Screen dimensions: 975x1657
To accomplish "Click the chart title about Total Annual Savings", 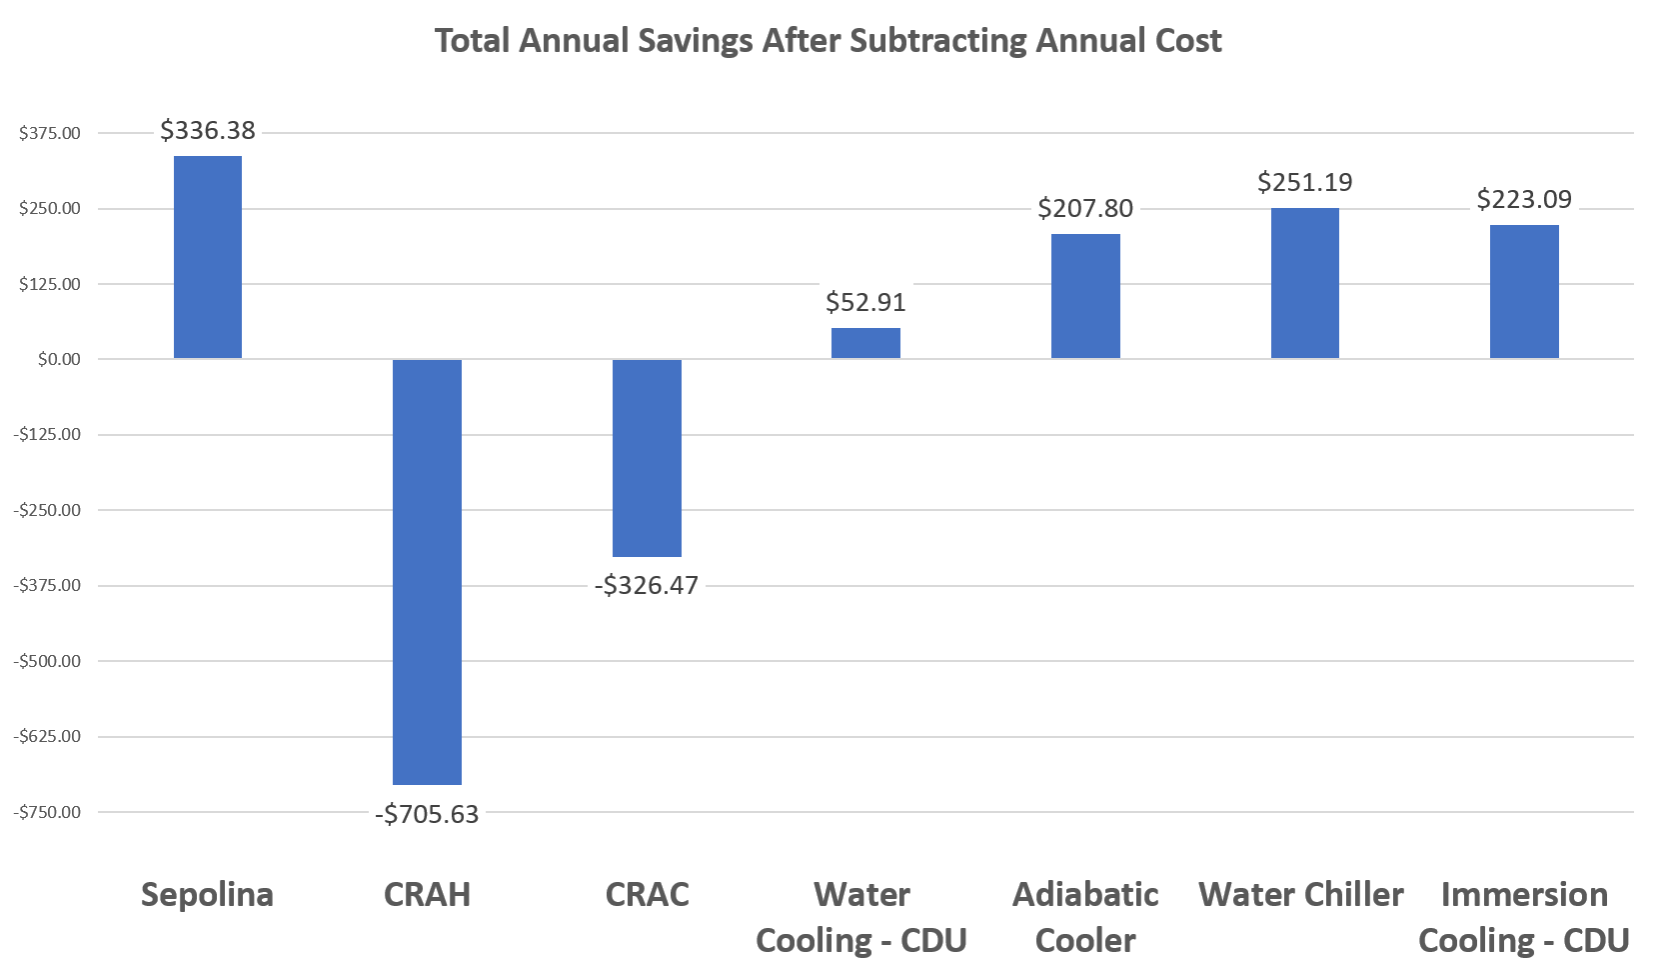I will (828, 41).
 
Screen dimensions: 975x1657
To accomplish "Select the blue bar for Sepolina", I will (208, 257).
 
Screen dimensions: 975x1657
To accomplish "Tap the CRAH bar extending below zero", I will (427, 571).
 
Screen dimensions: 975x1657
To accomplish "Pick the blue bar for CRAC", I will (647, 457).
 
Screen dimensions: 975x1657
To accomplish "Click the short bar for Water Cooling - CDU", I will (865, 343).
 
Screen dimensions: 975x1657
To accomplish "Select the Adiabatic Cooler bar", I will (1085, 296).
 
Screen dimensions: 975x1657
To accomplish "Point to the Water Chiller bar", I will (1304, 283).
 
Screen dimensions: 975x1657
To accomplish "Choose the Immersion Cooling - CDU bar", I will (1524, 291).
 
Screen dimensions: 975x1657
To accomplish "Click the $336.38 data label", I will (208, 130).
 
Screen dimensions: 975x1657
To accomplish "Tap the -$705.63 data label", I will (427, 814).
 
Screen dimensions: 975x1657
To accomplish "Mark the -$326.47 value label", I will (647, 585).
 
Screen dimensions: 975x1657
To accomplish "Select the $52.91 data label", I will (865, 302).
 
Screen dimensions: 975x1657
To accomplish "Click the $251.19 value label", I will (1304, 182).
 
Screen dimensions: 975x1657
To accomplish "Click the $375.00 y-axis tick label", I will (50, 133).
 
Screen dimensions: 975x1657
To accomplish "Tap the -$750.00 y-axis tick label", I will (47, 812).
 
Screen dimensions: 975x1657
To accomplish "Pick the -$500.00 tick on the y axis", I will (47, 661).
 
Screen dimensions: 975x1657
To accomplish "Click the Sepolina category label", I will (207, 894).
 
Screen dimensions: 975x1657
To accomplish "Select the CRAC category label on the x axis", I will (647, 894).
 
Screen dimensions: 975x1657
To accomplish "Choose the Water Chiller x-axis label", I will (1300, 894).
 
